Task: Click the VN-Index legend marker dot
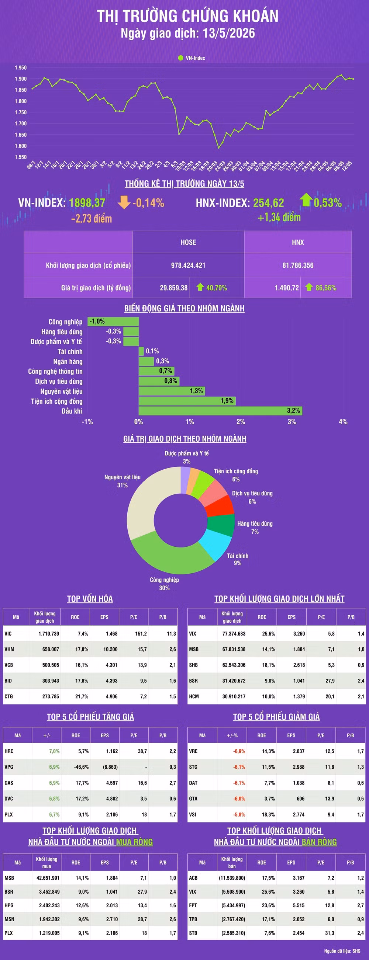[180, 58]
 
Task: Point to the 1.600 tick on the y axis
[21, 146]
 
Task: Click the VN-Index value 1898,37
[87, 203]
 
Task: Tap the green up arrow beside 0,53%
[306, 200]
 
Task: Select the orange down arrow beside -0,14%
[124, 202]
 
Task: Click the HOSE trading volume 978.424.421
[188, 265]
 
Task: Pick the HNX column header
[298, 242]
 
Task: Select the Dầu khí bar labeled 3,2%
[220, 411]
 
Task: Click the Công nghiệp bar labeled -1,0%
[113, 321]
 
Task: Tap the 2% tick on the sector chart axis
[241, 421]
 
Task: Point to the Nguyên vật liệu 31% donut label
[123, 481]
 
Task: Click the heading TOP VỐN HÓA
[90, 599]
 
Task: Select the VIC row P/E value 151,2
[141, 633]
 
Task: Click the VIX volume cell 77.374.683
[234, 633]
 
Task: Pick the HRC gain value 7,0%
[55, 751]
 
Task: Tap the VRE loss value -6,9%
[239, 751]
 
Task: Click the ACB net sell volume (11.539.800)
[232, 878]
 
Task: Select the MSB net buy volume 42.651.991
[48, 878]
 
